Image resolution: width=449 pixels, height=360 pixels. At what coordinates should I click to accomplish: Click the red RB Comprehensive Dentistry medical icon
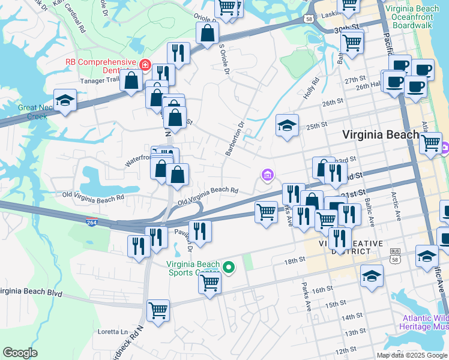(x=145, y=64)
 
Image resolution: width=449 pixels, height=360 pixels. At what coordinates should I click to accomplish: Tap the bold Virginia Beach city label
(x=380, y=135)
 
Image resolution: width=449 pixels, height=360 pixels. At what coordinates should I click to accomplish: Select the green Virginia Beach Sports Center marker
(x=228, y=268)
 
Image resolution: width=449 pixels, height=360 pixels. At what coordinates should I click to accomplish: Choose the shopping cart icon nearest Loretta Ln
(x=158, y=310)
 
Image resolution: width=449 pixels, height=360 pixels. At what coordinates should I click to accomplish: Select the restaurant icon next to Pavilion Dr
(x=200, y=231)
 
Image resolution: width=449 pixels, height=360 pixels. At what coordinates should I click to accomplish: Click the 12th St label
(x=346, y=350)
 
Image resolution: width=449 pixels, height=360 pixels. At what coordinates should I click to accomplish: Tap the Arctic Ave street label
(x=396, y=203)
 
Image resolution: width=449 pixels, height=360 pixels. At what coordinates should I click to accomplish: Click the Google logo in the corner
(x=20, y=353)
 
